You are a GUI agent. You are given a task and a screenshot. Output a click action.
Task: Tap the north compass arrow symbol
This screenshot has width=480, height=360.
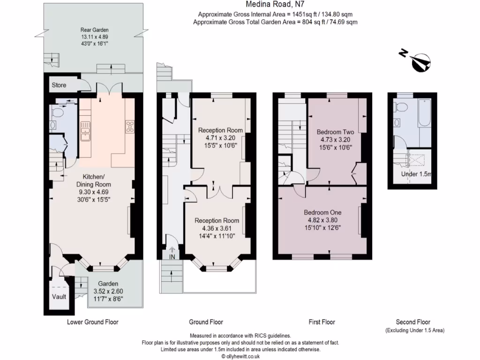click(x=420, y=62)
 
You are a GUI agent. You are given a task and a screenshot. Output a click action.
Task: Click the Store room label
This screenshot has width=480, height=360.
click(x=59, y=85)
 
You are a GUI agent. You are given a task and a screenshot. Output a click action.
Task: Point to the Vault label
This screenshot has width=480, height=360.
click(x=59, y=297)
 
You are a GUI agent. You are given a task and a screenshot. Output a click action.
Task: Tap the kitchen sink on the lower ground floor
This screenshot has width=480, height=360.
click(x=85, y=131)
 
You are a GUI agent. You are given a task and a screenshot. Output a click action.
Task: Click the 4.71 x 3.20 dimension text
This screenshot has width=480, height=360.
click(x=220, y=138)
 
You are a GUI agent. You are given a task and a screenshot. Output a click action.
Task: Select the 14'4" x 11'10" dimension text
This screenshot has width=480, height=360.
click(x=217, y=236)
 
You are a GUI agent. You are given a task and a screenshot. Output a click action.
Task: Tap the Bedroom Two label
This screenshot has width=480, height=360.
click(x=335, y=132)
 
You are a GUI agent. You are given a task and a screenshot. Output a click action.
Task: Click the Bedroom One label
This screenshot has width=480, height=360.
click(x=322, y=212)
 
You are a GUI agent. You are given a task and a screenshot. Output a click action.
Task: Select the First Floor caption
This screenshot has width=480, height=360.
click(x=322, y=322)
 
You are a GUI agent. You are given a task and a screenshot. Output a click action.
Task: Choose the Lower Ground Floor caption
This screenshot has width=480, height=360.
click(x=93, y=322)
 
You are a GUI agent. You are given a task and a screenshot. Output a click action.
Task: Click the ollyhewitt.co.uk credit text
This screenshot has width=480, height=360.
click(x=240, y=356)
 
